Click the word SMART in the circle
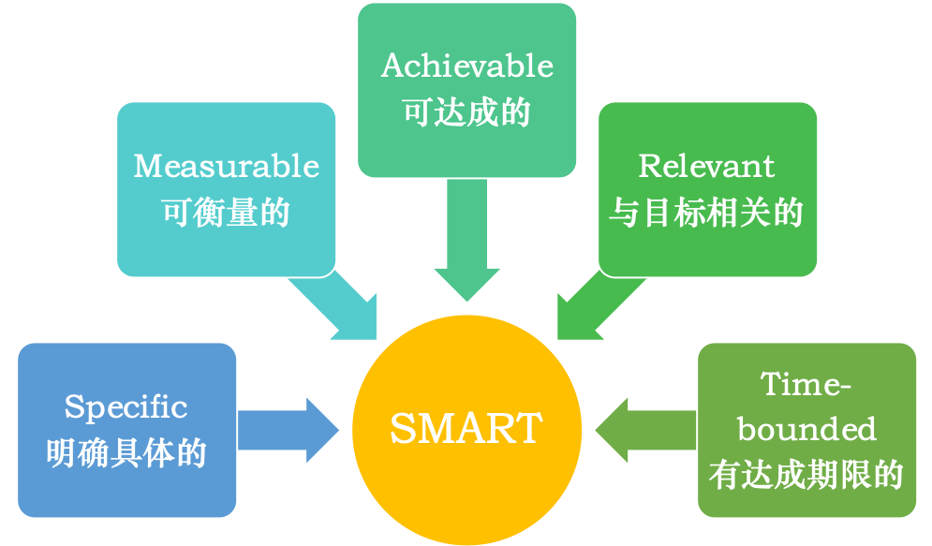[466, 428]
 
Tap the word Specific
[126, 407]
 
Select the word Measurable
[226, 166]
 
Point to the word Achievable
[467, 66]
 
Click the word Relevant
[706, 166]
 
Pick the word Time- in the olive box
[806, 384]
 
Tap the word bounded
[806, 429]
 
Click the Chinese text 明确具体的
[126, 453]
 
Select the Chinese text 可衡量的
[226, 212]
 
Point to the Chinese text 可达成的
[466, 111]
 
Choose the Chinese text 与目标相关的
[706, 212]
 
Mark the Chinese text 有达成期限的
[806, 475]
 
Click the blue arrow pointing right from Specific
[288, 430]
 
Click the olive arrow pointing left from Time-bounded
[645, 430]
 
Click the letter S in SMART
[402, 428]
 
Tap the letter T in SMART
[527, 428]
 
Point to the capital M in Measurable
[148, 166]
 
